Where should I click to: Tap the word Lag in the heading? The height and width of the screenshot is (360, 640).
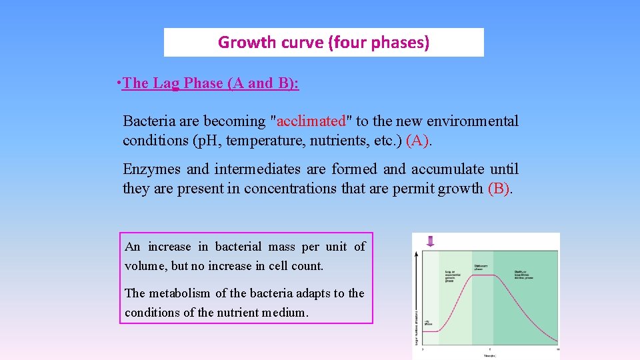(x=167, y=83)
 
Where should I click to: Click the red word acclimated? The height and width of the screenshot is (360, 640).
(x=311, y=121)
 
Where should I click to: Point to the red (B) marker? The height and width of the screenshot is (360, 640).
(x=500, y=188)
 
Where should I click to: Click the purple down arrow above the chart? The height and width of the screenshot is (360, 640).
(x=430, y=241)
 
